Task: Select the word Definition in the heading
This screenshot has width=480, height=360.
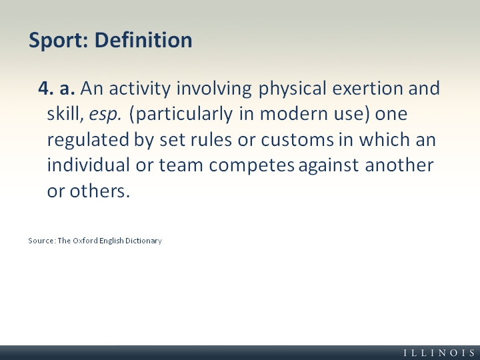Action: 143,40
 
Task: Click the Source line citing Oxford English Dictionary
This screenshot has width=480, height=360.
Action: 95,241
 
